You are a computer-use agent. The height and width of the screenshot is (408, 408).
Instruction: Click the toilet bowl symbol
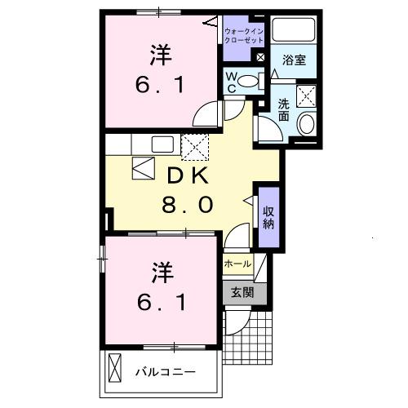point(254,80)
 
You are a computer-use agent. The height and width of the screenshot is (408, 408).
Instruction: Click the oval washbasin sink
point(308,124)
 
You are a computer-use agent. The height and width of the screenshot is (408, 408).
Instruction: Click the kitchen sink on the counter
point(162,144)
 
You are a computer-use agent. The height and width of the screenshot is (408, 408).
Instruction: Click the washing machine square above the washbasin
point(308,95)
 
